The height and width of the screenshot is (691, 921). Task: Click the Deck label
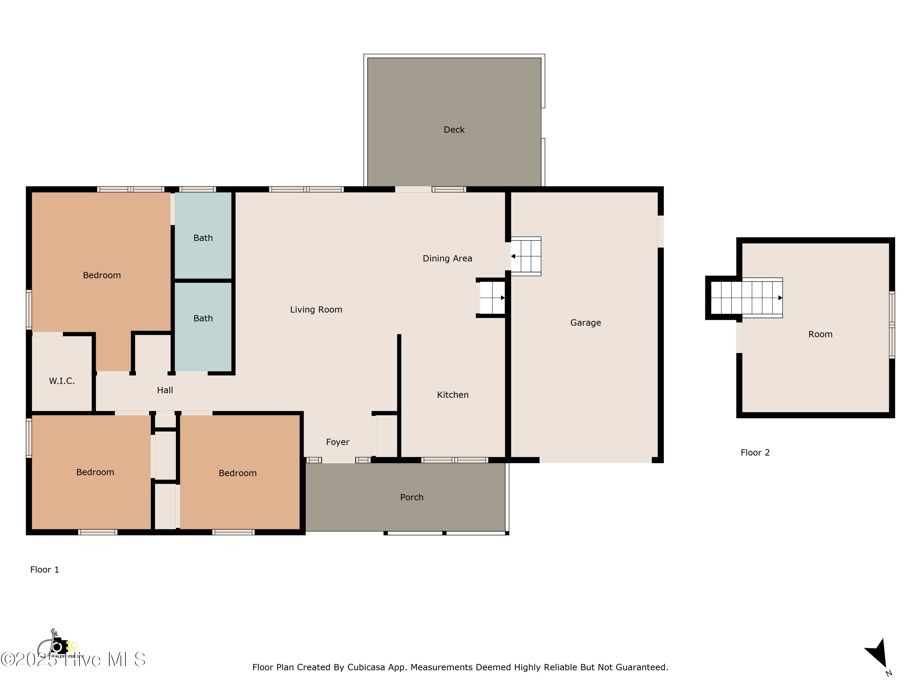(454, 130)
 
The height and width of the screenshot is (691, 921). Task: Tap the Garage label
(585, 322)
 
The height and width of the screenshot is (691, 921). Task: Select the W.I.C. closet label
(62, 381)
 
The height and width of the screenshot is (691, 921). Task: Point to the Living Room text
(316, 310)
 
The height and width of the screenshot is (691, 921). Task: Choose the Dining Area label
(447, 258)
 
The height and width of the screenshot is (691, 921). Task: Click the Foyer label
(338, 442)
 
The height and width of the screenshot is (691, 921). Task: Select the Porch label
(411, 497)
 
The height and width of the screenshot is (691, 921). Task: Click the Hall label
(165, 390)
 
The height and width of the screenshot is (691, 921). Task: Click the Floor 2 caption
(755, 453)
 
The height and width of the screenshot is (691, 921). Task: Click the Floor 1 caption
(45, 570)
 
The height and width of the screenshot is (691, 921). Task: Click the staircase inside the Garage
(526, 256)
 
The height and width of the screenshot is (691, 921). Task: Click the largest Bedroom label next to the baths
(102, 275)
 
